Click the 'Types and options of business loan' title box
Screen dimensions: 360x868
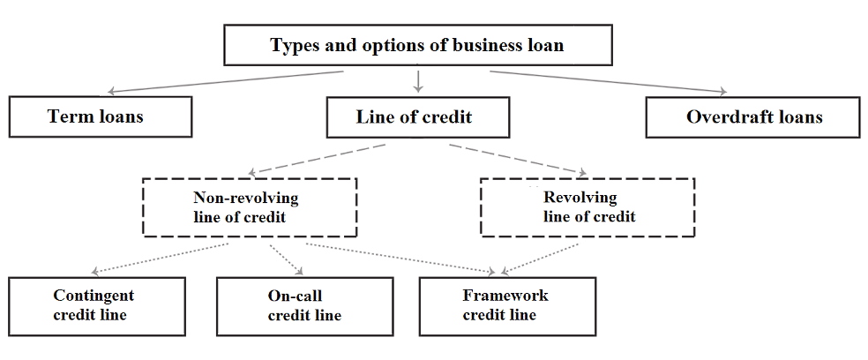pyautogui.click(x=417, y=45)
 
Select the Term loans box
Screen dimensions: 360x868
pyautogui.click(x=101, y=116)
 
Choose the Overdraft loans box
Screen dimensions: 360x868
pyautogui.click(x=753, y=116)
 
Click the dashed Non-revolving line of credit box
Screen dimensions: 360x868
pyautogui.click(x=249, y=207)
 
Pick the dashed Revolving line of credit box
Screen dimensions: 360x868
pyautogui.click(x=588, y=207)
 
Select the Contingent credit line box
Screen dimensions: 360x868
pyautogui.click(x=97, y=305)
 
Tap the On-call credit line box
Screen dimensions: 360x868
pyautogui.click(x=305, y=305)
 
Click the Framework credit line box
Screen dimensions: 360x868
pyautogui.click(x=506, y=305)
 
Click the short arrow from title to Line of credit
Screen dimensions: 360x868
pyautogui.click(x=418, y=81)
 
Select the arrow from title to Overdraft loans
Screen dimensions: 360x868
pyautogui.click(x=609, y=80)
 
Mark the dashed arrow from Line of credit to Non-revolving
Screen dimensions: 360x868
pyautogui.click(x=318, y=158)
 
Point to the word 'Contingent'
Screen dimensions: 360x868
pyautogui.click(x=94, y=296)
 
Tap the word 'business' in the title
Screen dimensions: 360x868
pyautogui.click(x=487, y=45)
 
